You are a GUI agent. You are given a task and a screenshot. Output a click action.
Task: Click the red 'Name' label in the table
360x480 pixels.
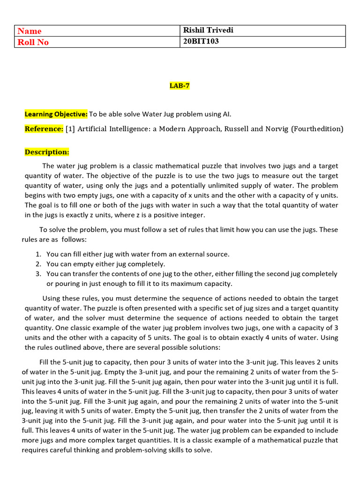pos(30,31)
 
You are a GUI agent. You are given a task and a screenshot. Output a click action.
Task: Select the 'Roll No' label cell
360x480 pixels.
pos(33,42)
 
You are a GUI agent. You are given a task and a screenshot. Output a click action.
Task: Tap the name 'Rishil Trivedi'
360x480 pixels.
pos(208,30)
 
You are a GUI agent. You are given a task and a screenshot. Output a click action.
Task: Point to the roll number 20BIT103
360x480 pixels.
pos(201,42)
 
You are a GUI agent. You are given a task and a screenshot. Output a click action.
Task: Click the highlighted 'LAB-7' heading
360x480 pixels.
pos(180,86)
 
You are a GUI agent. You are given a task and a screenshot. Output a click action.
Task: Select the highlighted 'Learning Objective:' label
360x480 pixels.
pos(56,114)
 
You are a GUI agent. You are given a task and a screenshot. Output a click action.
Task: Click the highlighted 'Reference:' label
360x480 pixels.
pos(44,129)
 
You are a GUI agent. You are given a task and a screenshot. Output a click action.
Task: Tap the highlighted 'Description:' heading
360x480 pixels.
pos(47,152)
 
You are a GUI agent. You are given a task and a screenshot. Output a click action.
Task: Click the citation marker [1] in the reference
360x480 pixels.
pos(70,129)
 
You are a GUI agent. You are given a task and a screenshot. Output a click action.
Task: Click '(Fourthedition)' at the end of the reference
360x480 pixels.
pos(317,129)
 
